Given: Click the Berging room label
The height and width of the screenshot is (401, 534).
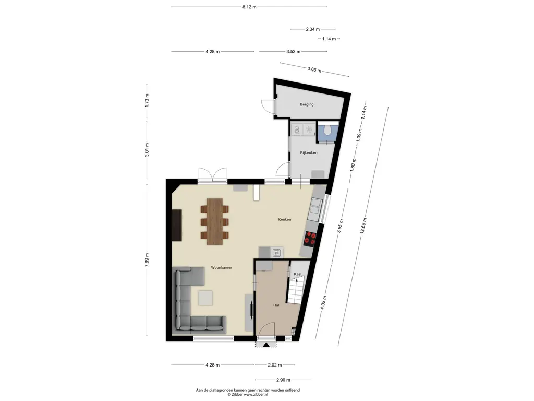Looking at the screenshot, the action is pos(307,104).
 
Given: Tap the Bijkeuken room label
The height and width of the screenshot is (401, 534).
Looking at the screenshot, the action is pos(309,153).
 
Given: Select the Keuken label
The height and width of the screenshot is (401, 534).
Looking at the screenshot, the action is pos(285,220).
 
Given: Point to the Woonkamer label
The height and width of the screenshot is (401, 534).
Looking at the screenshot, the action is pos(221,268).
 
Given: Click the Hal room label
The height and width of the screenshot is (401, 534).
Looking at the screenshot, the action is pos(276,305).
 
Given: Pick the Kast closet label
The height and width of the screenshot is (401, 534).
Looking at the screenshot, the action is pos(298,274).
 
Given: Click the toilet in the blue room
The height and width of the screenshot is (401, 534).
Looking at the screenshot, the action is pos(327,131).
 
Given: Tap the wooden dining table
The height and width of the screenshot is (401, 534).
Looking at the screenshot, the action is pos(214,221).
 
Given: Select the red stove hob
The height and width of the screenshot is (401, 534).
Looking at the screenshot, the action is pos(310,238).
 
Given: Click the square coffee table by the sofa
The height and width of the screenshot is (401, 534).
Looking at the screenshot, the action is pos(205,298).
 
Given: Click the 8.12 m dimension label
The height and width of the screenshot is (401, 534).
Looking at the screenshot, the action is pos(249,7).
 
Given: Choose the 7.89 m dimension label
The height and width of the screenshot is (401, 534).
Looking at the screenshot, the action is pos(147,262).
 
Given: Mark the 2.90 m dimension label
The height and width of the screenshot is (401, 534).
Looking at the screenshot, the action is pos(283,380).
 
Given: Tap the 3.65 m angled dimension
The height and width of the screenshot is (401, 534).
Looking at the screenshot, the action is pos(314,69).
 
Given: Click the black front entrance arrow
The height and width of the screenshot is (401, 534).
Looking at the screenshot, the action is pos(265,345).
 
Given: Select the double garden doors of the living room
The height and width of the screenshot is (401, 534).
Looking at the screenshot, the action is pos(213,174).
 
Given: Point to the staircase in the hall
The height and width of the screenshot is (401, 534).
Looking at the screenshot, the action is pos(295,290).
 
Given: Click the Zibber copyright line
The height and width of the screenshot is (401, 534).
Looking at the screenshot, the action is pos(248,395).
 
